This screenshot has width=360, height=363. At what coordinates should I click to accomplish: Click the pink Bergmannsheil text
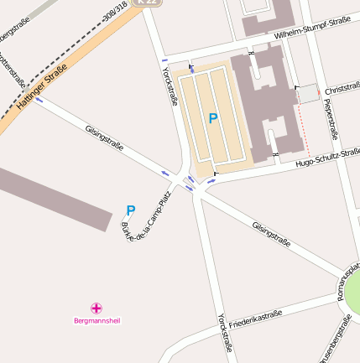[x=97, y=320]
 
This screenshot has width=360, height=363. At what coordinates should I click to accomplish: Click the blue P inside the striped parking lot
[x=212, y=119]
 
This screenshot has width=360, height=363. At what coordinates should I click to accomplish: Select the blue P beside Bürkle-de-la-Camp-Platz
[x=130, y=210]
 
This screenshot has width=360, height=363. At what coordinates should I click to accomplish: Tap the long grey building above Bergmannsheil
[x=50, y=194]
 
